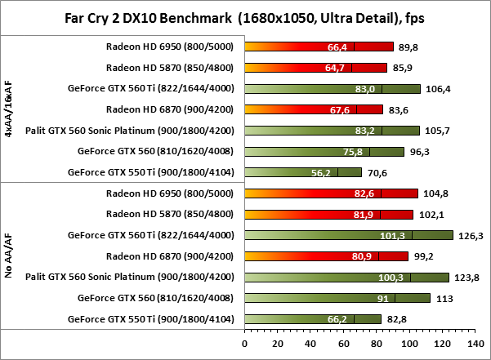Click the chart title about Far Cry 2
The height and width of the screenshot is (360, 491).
coord(246,16)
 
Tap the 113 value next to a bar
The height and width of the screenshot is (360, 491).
coord(444,299)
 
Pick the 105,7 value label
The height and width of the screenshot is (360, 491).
coord(435,131)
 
